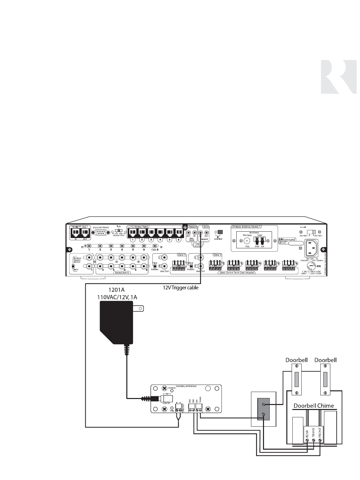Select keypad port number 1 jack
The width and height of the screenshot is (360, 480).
tap(133, 232)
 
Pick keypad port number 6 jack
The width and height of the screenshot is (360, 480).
tap(179, 232)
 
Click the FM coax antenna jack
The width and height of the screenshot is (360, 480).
tap(247, 241)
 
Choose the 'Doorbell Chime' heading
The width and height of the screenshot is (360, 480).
tap(314, 406)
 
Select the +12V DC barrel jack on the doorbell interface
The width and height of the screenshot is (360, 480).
tap(166, 398)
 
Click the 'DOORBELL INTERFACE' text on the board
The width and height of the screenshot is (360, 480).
tap(186, 386)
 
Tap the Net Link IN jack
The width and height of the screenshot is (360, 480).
tap(75, 232)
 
